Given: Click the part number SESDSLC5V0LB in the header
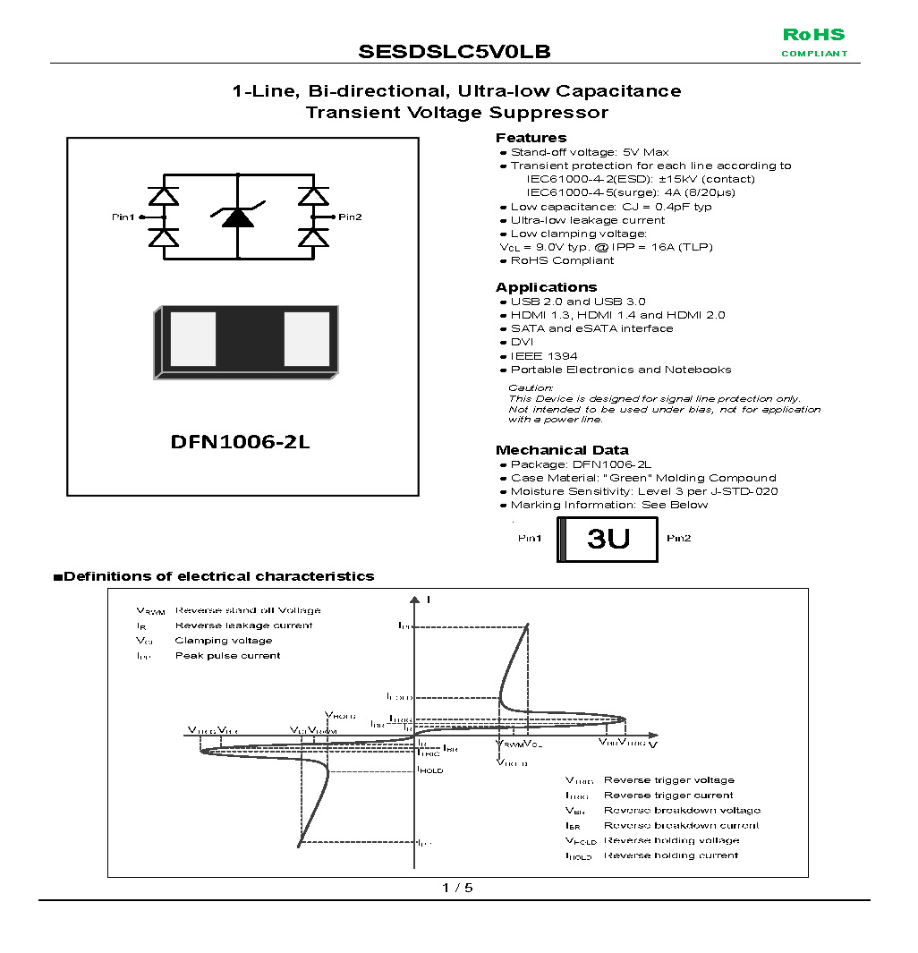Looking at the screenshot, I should point(455,52).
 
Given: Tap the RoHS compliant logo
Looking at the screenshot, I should point(813,42).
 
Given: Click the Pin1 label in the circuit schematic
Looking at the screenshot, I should point(123,217).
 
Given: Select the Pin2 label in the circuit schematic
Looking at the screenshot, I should point(349,217).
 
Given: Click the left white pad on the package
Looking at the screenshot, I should point(193,339).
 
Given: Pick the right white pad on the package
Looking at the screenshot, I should point(307,339).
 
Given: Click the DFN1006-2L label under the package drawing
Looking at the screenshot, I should point(240,443).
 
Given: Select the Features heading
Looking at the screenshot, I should point(531,138).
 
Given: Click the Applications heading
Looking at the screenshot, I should point(546,287).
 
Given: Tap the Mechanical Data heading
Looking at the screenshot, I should point(562,450).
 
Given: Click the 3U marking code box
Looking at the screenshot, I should point(608,539).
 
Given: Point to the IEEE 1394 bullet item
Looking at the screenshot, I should point(544,356).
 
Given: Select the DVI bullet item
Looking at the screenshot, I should point(522,343).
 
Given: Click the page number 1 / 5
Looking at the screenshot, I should point(457,888).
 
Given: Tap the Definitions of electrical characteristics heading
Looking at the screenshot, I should point(218,576).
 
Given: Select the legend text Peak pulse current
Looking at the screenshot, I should point(227,656).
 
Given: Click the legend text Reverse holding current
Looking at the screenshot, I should point(671,855).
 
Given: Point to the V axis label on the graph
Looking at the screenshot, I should point(653,745).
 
